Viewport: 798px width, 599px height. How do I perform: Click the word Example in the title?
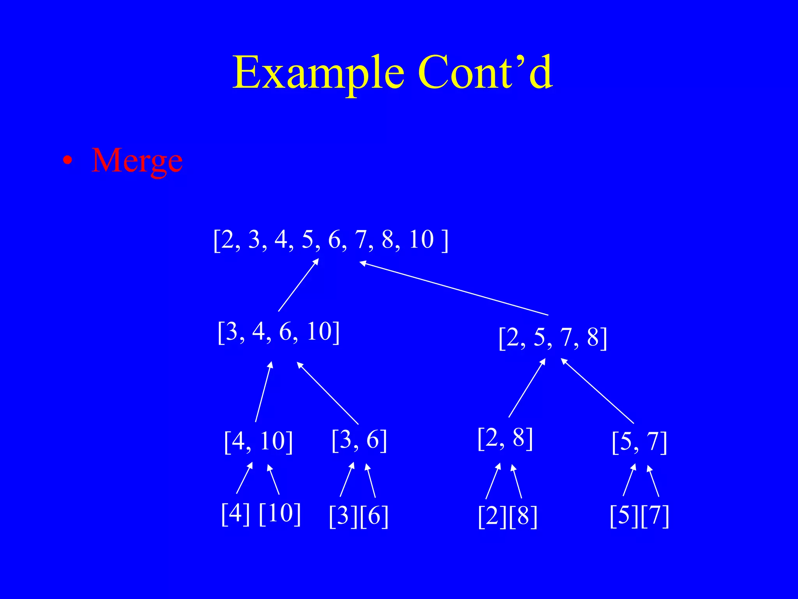pyautogui.click(x=318, y=73)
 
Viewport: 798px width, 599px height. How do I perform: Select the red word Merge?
pyautogui.click(x=137, y=161)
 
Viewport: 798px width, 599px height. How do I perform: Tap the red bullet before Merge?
pyautogui.click(x=68, y=161)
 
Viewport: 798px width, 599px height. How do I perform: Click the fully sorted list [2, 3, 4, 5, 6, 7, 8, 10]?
pyautogui.click(x=331, y=239)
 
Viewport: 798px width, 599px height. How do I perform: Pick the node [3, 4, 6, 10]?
pyautogui.click(x=279, y=332)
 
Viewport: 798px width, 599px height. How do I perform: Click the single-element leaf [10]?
pyautogui.click(x=279, y=514)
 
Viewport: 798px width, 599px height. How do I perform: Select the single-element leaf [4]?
pyautogui.click(x=235, y=514)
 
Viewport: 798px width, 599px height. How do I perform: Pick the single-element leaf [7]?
pyautogui.click(x=655, y=516)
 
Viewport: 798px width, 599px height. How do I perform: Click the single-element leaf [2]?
pyautogui.click(x=493, y=517)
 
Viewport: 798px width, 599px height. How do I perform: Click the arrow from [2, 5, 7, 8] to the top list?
pyautogui.click(x=454, y=289)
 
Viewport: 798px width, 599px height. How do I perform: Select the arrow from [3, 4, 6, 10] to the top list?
pyautogui.click(x=298, y=285)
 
